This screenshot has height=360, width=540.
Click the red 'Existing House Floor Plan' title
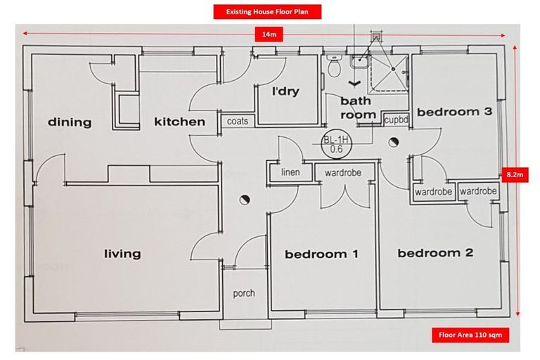click(x=266, y=12)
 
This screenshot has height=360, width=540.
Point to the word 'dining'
click(x=70, y=122)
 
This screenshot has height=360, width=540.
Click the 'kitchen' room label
click(x=179, y=122)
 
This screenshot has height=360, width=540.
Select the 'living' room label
click(x=122, y=253)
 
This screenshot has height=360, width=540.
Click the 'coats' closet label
click(x=238, y=121)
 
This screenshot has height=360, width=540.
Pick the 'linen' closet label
click(x=290, y=172)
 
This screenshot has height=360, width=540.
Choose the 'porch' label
click(x=243, y=292)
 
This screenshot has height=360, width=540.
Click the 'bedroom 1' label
click(x=321, y=254)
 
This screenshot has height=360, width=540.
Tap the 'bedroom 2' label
click(x=435, y=253)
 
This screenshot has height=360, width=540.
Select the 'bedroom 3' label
click(x=454, y=111)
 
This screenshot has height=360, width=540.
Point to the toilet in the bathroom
click(x=333, y=67)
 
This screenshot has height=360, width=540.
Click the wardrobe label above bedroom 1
click(x=344, y=172)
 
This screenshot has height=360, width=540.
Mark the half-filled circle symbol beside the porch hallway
click(x=244, y=200)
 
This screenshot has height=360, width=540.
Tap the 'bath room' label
click(x=356, y=108)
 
